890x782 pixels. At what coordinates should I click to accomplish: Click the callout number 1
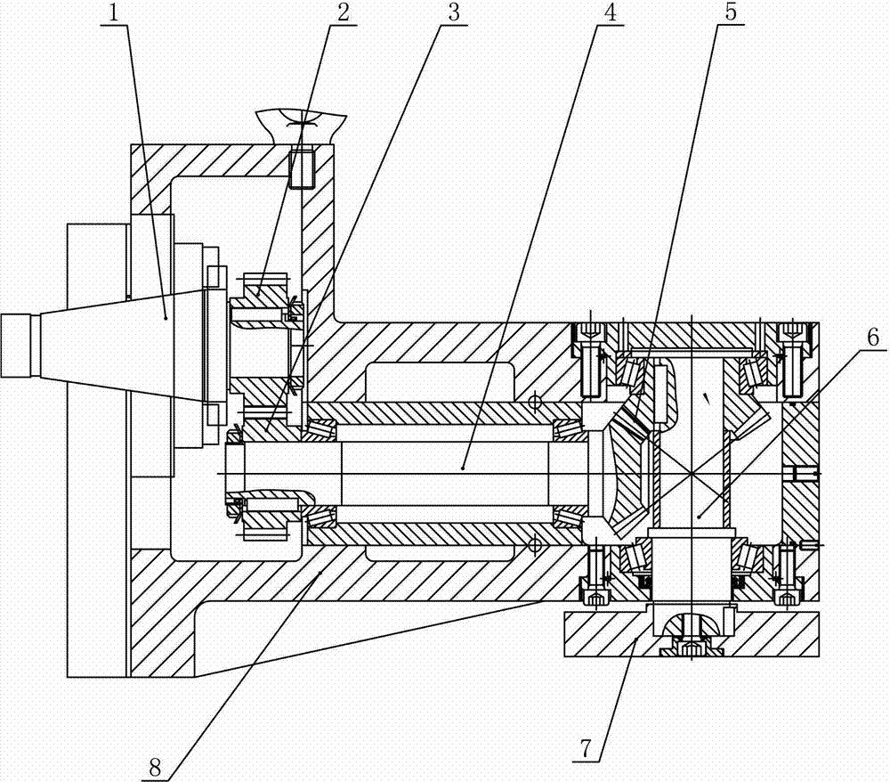(x=111, y=12)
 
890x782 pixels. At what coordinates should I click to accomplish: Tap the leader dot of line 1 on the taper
(x=166, y=316)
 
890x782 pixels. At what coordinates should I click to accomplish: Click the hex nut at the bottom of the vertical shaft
(x=691, y=648)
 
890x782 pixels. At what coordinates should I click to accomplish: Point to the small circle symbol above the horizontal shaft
(x=534, y=402)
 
